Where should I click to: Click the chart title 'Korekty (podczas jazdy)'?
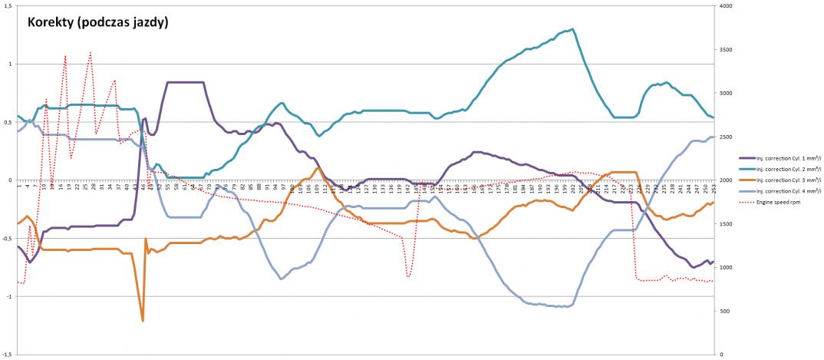pos(98,23)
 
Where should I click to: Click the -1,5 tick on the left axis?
pos(5,354)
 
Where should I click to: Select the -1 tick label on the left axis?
pos(8,296)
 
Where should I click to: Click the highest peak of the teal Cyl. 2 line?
pos(572,29)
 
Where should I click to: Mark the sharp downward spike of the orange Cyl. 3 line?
pos(143,320)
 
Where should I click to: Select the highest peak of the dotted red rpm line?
pos(91,52)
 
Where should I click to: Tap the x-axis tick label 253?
pos(714,187)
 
